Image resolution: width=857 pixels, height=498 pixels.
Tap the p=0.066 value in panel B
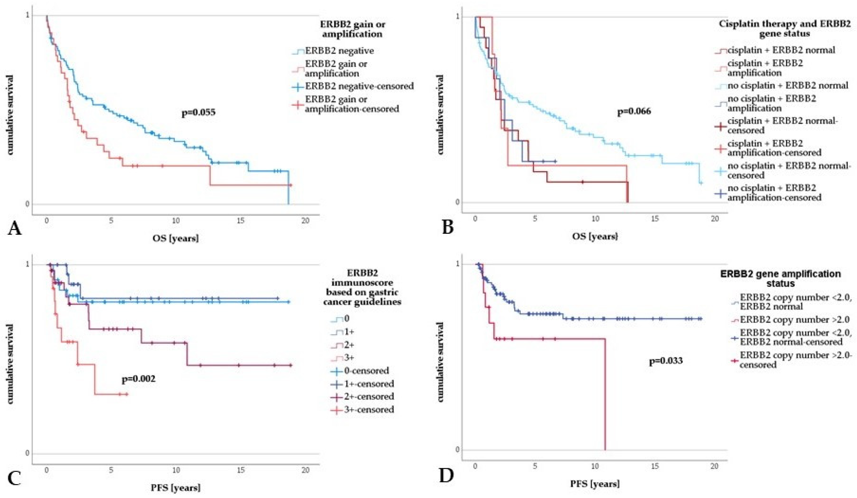(x=634, y=111)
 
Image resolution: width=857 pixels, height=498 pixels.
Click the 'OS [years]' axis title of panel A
(x=175, y=238)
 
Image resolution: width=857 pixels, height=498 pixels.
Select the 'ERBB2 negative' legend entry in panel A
(x=333, y=51)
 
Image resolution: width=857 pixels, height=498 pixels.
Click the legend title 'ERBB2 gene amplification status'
(x=781, y=278)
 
